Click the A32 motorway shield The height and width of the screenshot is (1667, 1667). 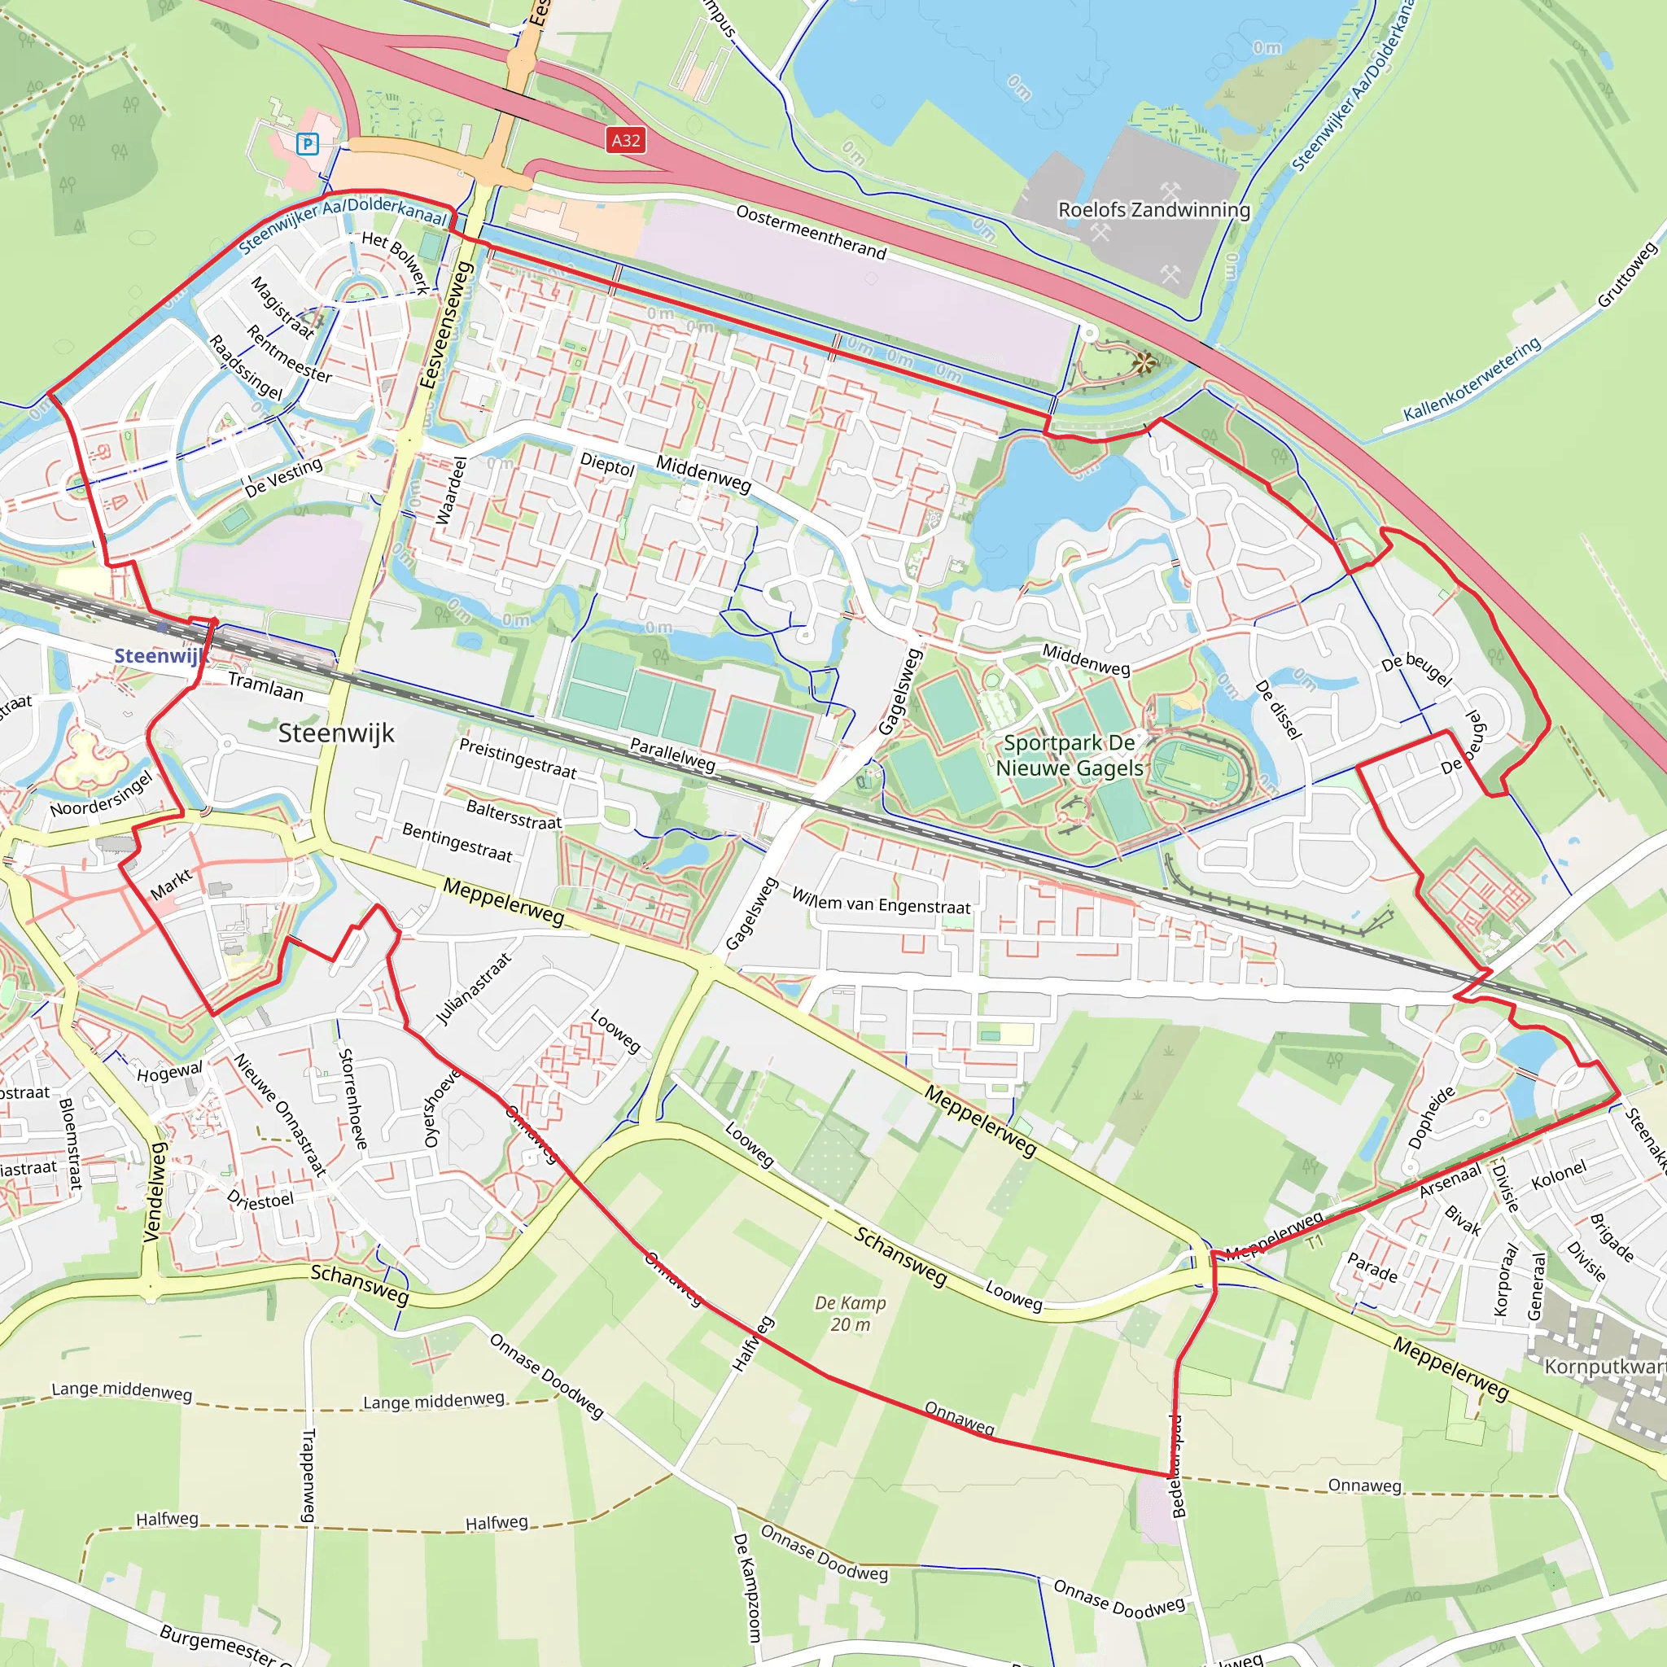click(x=626, y=140)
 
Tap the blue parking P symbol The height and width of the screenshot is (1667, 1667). click(x=307, y=143)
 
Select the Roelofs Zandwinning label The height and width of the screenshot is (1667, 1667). click(x=1153, y=210)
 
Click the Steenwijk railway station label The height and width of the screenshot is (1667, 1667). click(x=160, y=656)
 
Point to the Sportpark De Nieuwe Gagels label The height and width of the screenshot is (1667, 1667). click(x=1069, y=755)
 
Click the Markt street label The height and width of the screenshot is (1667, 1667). click(x=172, y=885)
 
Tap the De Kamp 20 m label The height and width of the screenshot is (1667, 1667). click(x=850, y=1313)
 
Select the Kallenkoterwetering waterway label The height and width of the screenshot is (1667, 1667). click(x=1471, y=378)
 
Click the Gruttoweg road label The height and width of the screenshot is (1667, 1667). click(x=1626, y=274)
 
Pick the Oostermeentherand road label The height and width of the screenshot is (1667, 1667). click(x=810, y=231)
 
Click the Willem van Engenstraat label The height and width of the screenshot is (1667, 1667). click(x=881, y=902)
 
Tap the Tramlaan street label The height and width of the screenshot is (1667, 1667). click(x=265, y=686)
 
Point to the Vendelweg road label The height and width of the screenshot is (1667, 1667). click(x=155, y=1192)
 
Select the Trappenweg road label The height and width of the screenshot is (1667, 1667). click(x=308, y=1476)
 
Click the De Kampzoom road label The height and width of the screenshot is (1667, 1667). click(x=747, y=1586)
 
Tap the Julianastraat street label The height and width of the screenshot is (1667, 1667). click(x=473, y=989)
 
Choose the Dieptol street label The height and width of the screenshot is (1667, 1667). click(x=606, y=464)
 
